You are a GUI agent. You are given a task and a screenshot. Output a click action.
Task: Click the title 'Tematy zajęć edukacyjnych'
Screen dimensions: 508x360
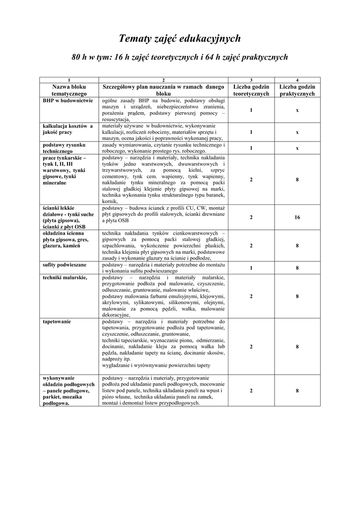(180, 38)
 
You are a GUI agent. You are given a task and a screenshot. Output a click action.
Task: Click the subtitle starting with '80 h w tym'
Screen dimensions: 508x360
(180, 58)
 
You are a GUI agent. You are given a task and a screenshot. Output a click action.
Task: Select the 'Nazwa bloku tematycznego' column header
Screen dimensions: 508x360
(69, 90)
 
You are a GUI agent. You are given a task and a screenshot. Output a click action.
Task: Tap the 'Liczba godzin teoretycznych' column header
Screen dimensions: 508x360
(251, 90)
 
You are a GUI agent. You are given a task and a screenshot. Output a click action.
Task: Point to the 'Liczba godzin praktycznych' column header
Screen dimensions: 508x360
(297, 90)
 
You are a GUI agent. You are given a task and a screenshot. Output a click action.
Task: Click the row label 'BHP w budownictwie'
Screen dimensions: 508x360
(68, 100)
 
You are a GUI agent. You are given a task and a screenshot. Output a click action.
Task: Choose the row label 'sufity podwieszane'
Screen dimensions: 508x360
(65, 265)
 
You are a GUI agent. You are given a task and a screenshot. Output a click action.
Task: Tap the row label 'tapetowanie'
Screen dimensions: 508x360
(57, 321)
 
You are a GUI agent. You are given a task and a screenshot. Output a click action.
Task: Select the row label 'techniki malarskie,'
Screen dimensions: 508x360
(65, 277)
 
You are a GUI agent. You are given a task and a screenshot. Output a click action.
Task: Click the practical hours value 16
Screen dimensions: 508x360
(297, 217)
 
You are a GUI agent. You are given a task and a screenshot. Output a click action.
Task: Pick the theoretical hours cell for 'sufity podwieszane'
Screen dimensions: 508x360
(251, 268)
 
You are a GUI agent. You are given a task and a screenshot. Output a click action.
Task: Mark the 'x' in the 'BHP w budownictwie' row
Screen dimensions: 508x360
(297, 110)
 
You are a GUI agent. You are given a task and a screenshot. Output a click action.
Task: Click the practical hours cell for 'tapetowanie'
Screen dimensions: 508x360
(297, 347)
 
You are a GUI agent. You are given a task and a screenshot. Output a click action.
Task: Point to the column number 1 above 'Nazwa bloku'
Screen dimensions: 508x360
(69, 80)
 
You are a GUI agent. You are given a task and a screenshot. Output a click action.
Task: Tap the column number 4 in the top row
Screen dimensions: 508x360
(297, 80)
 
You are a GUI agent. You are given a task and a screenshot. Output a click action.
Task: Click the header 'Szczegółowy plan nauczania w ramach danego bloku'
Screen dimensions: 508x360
(163, 90)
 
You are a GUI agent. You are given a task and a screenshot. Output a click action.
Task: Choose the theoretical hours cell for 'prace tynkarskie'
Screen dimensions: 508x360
(251, 180)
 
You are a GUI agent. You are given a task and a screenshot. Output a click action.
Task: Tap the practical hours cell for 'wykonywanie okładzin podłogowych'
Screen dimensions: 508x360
(297, 391)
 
